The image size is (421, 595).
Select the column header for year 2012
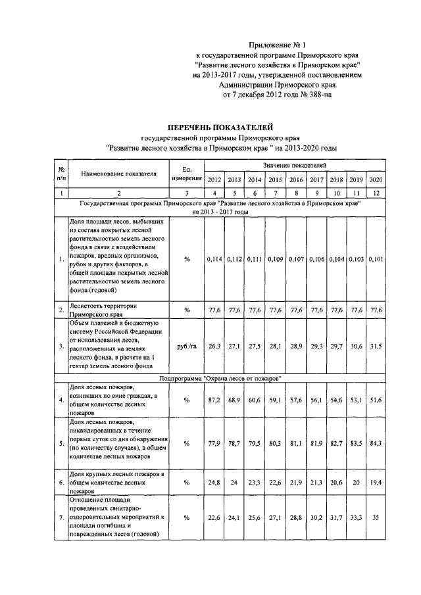click(214, 180)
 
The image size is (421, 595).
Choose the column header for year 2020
click(376, 180)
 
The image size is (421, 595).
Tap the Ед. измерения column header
click(187, 174)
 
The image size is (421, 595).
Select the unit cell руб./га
click(187, 345)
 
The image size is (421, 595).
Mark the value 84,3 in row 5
click(376, 443)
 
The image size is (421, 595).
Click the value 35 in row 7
click(376, 518)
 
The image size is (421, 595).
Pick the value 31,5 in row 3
click(376, 345)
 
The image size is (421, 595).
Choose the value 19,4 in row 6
click(376, 482)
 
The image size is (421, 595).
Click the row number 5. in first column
click(61, 443)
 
